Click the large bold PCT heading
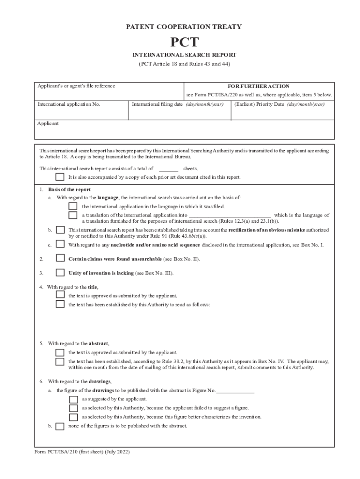(184, 43)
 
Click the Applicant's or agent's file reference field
(110, 93)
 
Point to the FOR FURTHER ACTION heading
(258, 86)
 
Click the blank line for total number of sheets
(168, 168)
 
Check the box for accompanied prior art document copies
(60, 177)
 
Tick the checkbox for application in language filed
(73, 206)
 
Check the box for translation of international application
(73, 215)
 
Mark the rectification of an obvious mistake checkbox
(60, 230)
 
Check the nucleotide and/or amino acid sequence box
(60, 244)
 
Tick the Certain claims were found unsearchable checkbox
(60, 258)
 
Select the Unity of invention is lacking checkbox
(60, 272)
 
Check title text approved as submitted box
(60, 295)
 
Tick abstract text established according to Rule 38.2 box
(60, 361)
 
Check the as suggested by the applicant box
(73, 399)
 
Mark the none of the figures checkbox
(60, 426)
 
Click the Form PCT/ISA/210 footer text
(82, 452)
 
